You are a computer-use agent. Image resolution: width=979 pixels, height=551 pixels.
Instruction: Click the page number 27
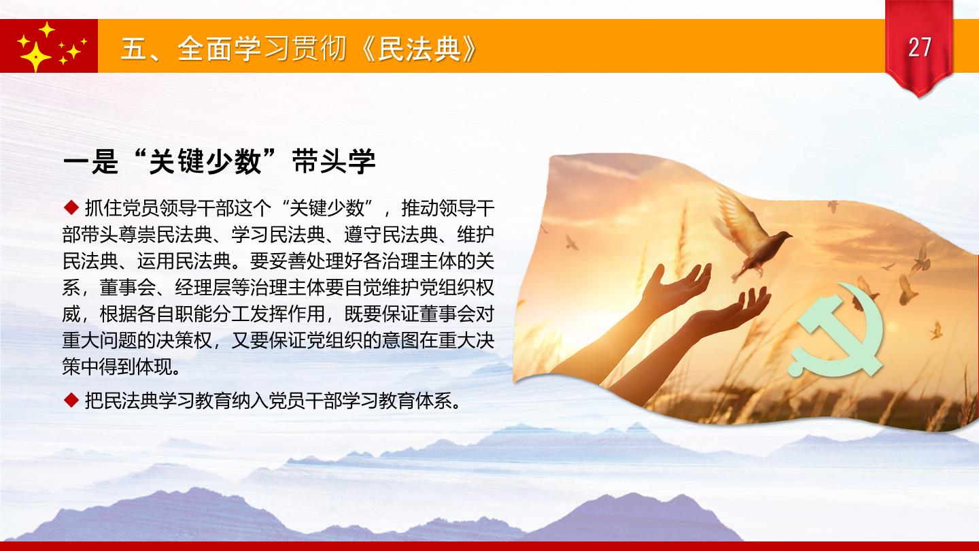pyautogui.click(x=920, y=47)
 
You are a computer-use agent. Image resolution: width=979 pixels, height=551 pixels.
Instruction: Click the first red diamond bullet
pyautogui.click(x=71, y=207)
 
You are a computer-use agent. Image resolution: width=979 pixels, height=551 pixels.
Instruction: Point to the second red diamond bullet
pyautogui.click(x=71, y=400)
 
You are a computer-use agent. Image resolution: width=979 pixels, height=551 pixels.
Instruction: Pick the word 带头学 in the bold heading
pyautogui.click(x=334, y=162)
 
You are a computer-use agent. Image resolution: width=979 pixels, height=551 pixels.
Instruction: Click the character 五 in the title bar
pyautogui.click(x=134, y=48)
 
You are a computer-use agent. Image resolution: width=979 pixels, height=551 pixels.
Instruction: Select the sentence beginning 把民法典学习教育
pyautogui.click(x=273, y=400)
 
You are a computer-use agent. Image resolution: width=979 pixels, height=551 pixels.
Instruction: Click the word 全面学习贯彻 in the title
pyautogui.click(x=262, y=48)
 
